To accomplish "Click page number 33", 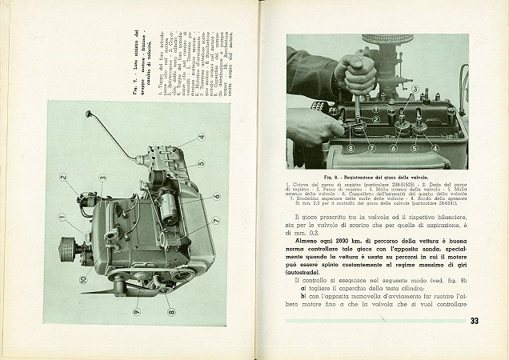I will [474, 322].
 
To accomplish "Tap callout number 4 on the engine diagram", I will [202, 136].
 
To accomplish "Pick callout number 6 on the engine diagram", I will [216, 194].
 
